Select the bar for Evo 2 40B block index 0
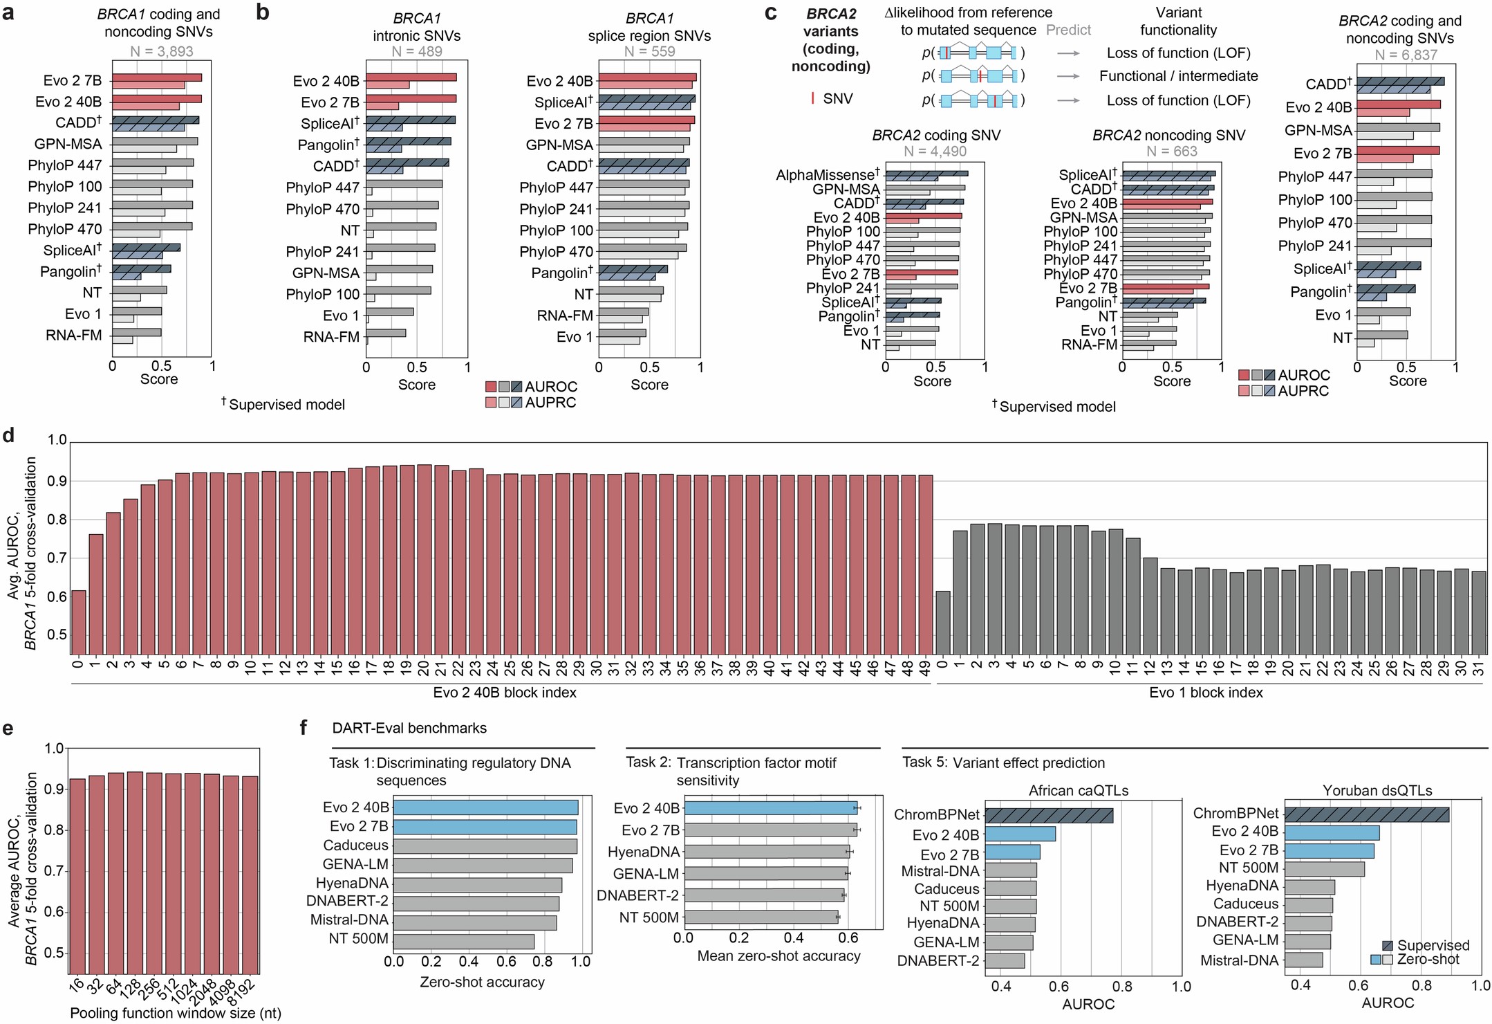point(79,621)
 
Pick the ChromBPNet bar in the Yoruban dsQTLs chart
point(1367,814)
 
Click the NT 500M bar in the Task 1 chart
point(464,941)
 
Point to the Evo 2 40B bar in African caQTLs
point(1020,834)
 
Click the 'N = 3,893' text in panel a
point(162,51)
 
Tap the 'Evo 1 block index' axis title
point(1206,693)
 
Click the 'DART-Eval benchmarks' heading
point(409,728)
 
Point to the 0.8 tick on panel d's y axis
point(57,519)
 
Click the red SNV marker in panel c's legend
point(812,99)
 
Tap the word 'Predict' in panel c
point(1068,30)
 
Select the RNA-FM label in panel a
point(73,335)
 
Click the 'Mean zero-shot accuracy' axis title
point(778,956)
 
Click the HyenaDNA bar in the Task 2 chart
point(767,852)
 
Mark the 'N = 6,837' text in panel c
point(1406,55)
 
